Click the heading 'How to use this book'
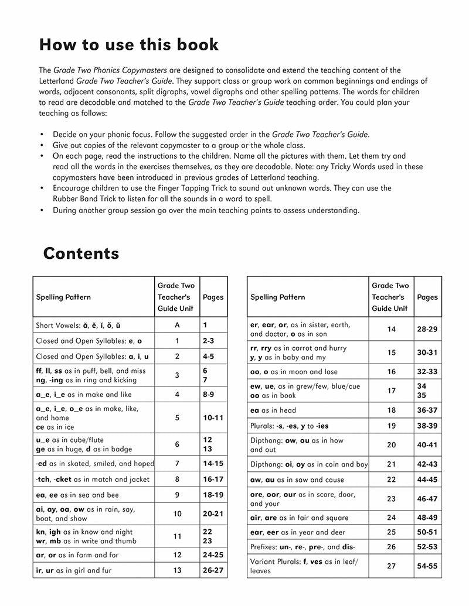pos(128,44)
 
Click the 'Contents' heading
pos(81,254)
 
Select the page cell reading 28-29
pos(427,329)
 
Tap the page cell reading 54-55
pos(427,566)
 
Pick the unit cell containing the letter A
pos(176,325)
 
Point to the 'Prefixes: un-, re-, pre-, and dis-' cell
pos(303,547)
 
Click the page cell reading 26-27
pos(213,570)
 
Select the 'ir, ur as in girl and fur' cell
pos(73,570)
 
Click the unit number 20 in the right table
pos(391,445)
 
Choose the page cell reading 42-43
pos(427,464)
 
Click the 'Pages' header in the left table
pos(213,297)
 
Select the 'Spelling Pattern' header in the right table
pos(277,297)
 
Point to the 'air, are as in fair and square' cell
pos(299,518)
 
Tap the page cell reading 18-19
pos(213,495)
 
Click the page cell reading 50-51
pos(427,532)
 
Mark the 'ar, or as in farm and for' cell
pos(77,555)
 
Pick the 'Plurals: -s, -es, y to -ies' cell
pos(296,426)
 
